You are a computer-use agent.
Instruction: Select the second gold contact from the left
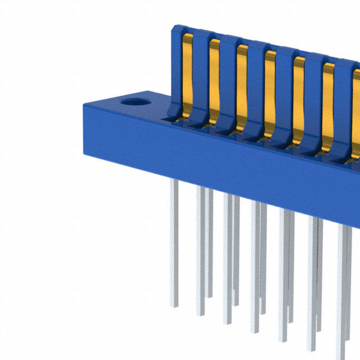pos(214,79)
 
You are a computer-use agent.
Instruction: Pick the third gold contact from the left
pos(242,84)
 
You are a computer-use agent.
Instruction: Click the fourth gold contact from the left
pos(270,90)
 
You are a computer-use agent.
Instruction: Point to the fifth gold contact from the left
pos(299,96)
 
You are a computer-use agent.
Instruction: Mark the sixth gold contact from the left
pos(328,101)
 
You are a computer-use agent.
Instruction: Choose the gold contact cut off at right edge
pos(355,107)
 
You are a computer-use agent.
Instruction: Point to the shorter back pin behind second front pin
pos(210,242)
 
